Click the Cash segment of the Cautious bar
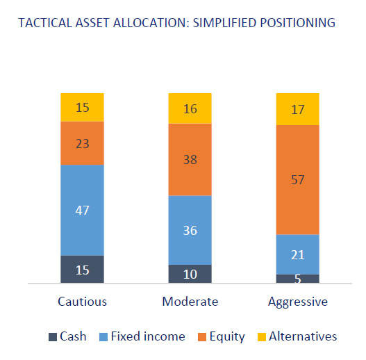pos(82,269)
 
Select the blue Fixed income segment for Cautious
pos(82,211)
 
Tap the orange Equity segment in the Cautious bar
pos(82,143)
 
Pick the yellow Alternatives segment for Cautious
pos(82,108)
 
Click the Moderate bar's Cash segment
pos(190,274)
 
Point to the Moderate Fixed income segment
pos(190,230)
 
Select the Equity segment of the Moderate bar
pos(190,160)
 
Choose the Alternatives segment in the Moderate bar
pos(190,108)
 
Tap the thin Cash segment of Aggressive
pos(298,279)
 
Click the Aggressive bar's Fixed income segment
pos(298,254)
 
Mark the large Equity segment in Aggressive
pos(298,180)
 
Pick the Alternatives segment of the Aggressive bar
pos(298,109)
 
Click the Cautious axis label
pos(82,302)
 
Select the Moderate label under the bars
pos(190,302)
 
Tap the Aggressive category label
pos(298,302)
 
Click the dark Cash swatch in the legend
pos(53,337)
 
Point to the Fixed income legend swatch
pos(103,337)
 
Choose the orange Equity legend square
pos(202,337)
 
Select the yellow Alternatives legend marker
pos(262,337)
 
